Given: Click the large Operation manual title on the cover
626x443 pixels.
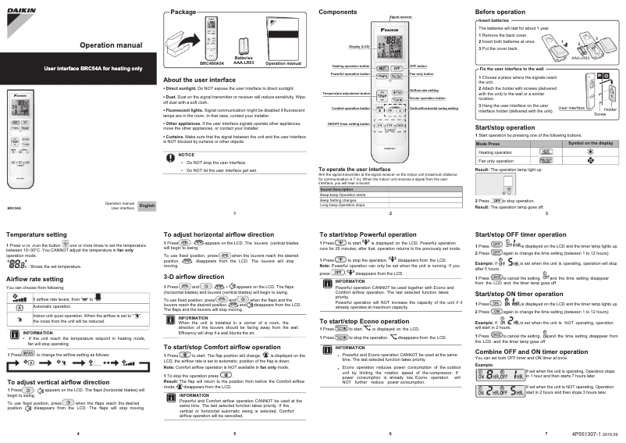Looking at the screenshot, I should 108,46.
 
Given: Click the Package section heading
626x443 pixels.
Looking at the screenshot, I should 183,13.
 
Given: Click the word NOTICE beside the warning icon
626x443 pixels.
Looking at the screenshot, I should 187,155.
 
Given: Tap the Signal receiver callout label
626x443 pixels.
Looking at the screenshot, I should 400,16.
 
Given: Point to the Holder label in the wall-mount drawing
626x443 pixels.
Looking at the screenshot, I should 610,109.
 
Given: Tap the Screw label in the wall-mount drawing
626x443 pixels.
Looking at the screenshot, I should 599,114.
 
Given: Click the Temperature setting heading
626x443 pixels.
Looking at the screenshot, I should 36,234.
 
